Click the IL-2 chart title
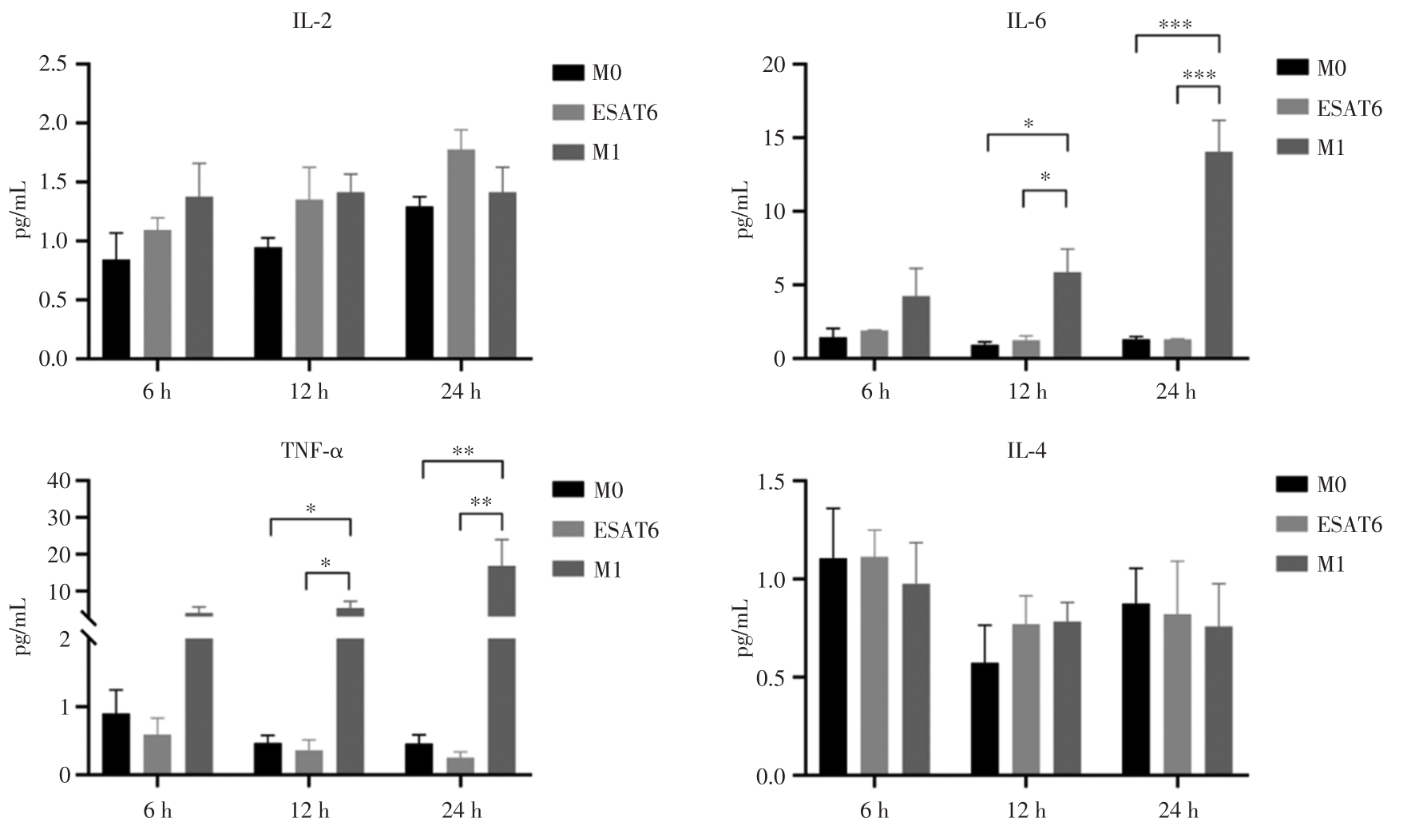[x=312, y=22]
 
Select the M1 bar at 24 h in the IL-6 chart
[x=1219, y=256]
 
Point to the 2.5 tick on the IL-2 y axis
[x=54, y=64]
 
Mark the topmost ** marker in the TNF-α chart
[x=463, y=451]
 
